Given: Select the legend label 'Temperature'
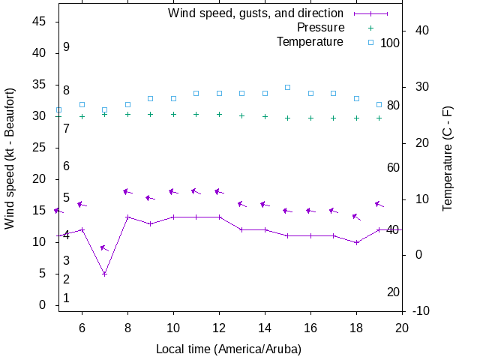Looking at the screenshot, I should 310,42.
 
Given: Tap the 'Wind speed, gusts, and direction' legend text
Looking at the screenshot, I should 256,13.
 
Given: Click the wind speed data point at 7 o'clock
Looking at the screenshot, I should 105,274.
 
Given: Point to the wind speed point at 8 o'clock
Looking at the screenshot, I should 127,217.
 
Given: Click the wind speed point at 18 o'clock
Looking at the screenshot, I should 357,242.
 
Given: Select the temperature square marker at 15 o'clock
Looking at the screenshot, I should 288,87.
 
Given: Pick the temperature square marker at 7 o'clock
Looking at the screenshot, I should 105,110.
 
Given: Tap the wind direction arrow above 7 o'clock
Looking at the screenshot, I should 105,248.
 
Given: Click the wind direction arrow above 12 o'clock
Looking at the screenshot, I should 220,192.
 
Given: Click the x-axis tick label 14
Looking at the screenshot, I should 265,328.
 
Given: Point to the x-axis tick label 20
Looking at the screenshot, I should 403,328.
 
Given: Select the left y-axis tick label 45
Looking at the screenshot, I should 41,22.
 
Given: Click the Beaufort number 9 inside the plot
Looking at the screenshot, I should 66,47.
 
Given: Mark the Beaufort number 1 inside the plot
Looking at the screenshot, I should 66,298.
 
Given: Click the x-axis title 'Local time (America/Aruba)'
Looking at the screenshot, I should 229,349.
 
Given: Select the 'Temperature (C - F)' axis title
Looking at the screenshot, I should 448,157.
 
